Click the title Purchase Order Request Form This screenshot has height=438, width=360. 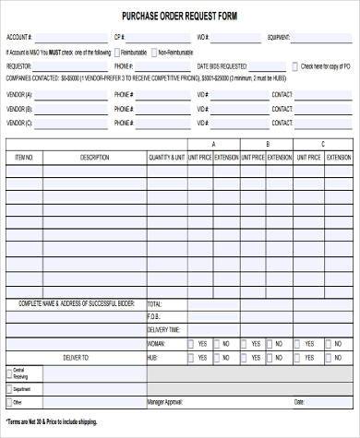click(179, 16)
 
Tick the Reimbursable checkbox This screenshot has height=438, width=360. click(115, 53)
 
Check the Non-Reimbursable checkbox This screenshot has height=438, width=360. click(153, 53)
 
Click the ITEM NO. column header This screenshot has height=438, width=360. click(25, 159)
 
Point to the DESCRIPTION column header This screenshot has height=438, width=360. click(94, 159)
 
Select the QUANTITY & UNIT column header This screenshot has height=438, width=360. click(166, 159)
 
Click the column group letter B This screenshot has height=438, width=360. click(269, 145)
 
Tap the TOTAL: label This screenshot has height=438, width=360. click(154, 303)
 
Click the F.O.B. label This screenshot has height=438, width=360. click(153, 316)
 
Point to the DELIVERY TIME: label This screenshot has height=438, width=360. click(163, 329)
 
